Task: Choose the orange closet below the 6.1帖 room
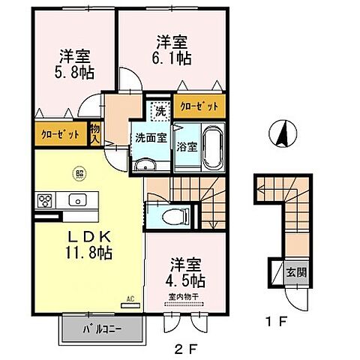click(199, 106)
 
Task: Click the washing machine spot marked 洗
click(160, 112)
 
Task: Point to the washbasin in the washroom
click(145, 165)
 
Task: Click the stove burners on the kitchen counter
click(45, 200)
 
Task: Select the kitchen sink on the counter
click(76, 200)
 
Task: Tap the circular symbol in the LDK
click(78, 175)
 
